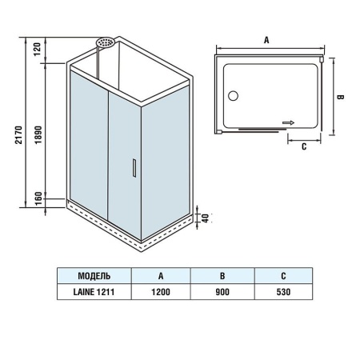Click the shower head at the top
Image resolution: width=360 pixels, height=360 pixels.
coord(105,42)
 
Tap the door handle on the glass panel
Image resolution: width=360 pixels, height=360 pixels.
coord(134,168)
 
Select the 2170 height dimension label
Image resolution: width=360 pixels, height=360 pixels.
coord(18,135)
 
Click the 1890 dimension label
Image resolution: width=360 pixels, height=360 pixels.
coord(38,135)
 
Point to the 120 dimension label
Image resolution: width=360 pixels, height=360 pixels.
coord(38,49)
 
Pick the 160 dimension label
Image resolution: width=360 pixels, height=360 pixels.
coord(38,198)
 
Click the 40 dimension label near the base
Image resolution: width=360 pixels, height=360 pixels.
coord(205,218)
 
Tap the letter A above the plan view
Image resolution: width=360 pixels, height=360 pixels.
coord(266,40)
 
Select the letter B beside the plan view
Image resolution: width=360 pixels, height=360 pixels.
coord(340,97)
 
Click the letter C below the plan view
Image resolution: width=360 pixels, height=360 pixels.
coord(304,146)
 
